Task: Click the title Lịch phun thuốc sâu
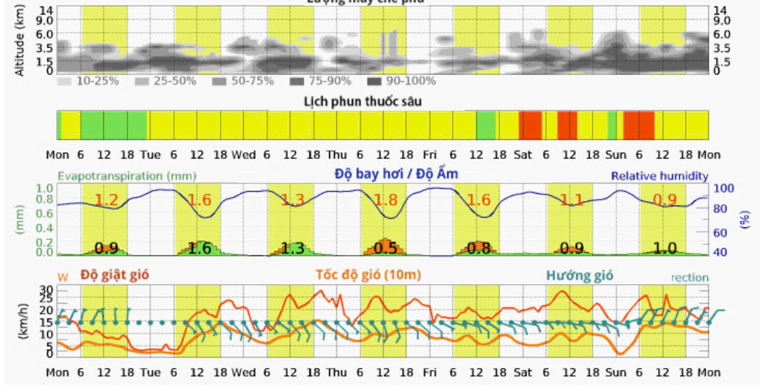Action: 363,101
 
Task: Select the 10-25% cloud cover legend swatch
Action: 64,81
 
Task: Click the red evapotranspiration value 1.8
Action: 385,200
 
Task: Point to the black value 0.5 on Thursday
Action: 385,248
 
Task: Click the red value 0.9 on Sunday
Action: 664,200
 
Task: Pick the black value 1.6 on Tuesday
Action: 199,248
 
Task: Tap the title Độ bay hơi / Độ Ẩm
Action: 396,174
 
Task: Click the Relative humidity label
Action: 659,176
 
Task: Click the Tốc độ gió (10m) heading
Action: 368,275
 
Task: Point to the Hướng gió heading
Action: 580,275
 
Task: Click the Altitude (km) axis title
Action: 20,40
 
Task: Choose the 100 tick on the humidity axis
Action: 728,189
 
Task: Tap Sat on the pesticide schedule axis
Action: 523,154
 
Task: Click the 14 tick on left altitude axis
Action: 47,10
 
